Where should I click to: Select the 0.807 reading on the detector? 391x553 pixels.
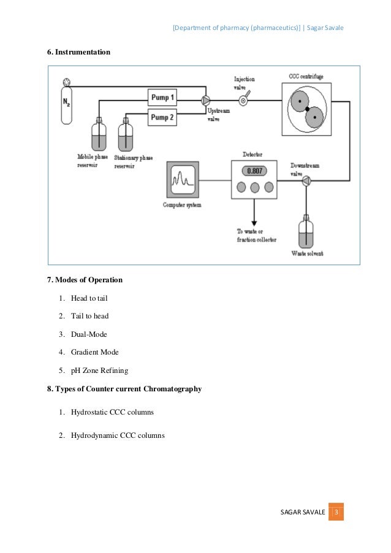coord(254,171)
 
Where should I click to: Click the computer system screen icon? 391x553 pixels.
coord(183,180)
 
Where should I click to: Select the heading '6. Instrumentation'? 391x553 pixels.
coord(79,52)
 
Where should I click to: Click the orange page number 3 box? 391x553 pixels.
coord(336,511)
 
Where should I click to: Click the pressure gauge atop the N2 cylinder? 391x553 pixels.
coord(66,82)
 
